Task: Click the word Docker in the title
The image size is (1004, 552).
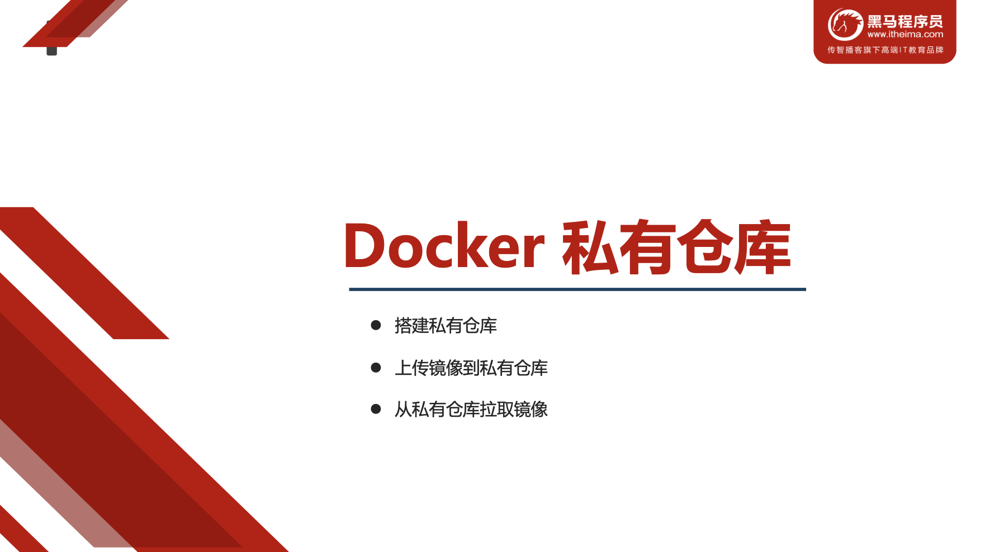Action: (444, 246)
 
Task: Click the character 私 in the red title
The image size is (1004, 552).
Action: (590, 247)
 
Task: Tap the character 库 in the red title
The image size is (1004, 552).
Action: (763, 247)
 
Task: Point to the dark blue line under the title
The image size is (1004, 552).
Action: (577, 289)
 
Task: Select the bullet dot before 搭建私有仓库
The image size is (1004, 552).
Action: (376, 325)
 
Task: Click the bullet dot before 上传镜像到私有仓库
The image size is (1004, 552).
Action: (376, 368)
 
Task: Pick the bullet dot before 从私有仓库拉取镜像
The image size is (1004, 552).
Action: (376, 409)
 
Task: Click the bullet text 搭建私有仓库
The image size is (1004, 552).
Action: (446, 325)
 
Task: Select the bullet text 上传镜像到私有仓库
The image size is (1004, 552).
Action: (471, 368)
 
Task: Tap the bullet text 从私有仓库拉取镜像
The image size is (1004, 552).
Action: (471, 409)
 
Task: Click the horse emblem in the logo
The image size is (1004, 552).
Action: (845, 25)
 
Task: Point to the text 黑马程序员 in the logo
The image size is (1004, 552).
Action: (905, 22)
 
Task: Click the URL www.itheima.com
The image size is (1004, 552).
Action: (905, 35)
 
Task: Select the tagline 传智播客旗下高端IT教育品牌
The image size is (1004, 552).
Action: (885, 50)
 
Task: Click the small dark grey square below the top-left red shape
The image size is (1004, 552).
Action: (51, 51)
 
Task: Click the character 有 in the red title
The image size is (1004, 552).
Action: (648, 247)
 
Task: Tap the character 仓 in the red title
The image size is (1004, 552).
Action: (705, 247)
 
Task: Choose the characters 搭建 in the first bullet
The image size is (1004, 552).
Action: (411, 325)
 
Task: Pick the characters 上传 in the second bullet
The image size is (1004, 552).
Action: (411, 368)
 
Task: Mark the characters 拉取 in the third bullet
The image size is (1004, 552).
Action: (496, 409)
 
